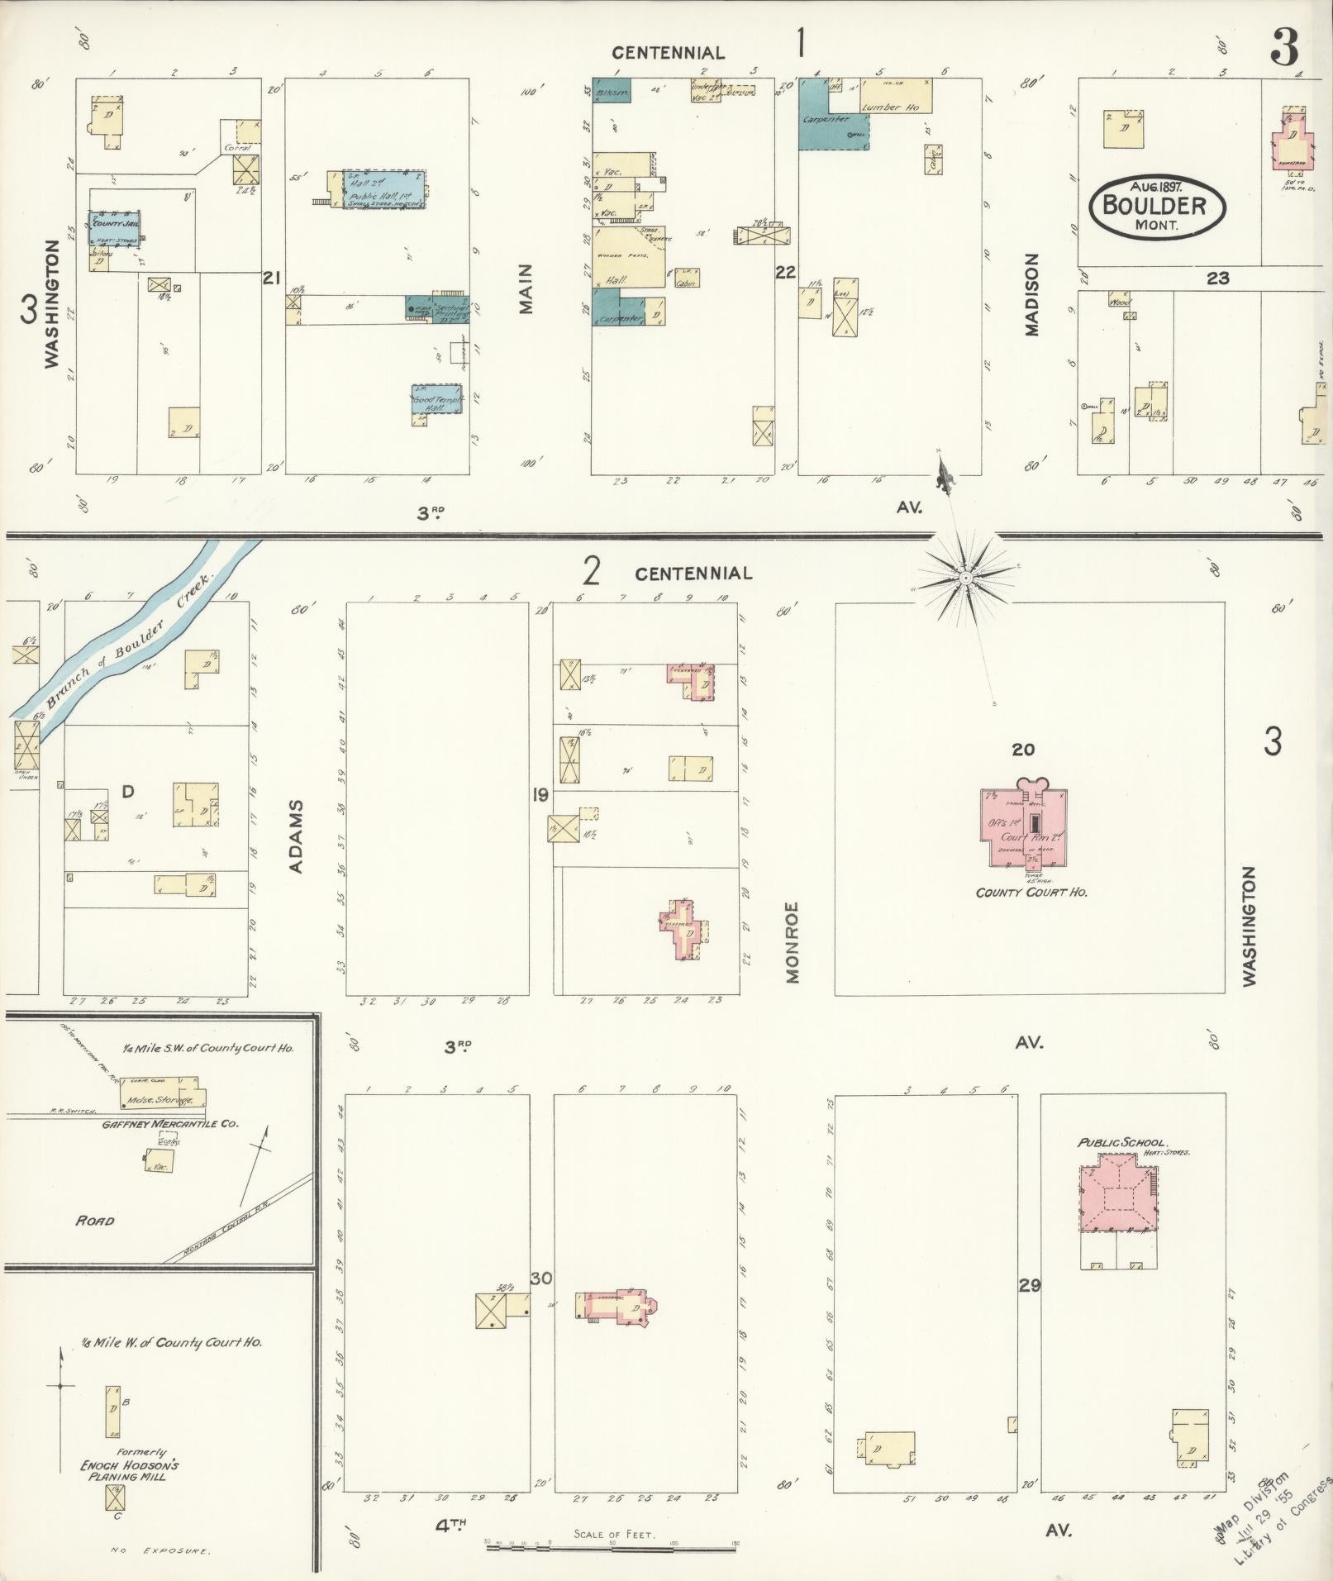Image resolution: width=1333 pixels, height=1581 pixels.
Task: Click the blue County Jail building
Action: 114,227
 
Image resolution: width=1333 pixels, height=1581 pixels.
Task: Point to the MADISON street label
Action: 1031,294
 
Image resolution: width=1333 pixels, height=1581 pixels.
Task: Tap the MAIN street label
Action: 526,288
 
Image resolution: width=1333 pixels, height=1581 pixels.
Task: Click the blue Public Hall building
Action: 383,189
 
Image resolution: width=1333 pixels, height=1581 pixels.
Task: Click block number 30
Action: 541,1279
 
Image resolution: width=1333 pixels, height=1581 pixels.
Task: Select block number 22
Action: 785,271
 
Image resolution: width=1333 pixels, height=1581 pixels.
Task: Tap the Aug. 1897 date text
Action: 1149,187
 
